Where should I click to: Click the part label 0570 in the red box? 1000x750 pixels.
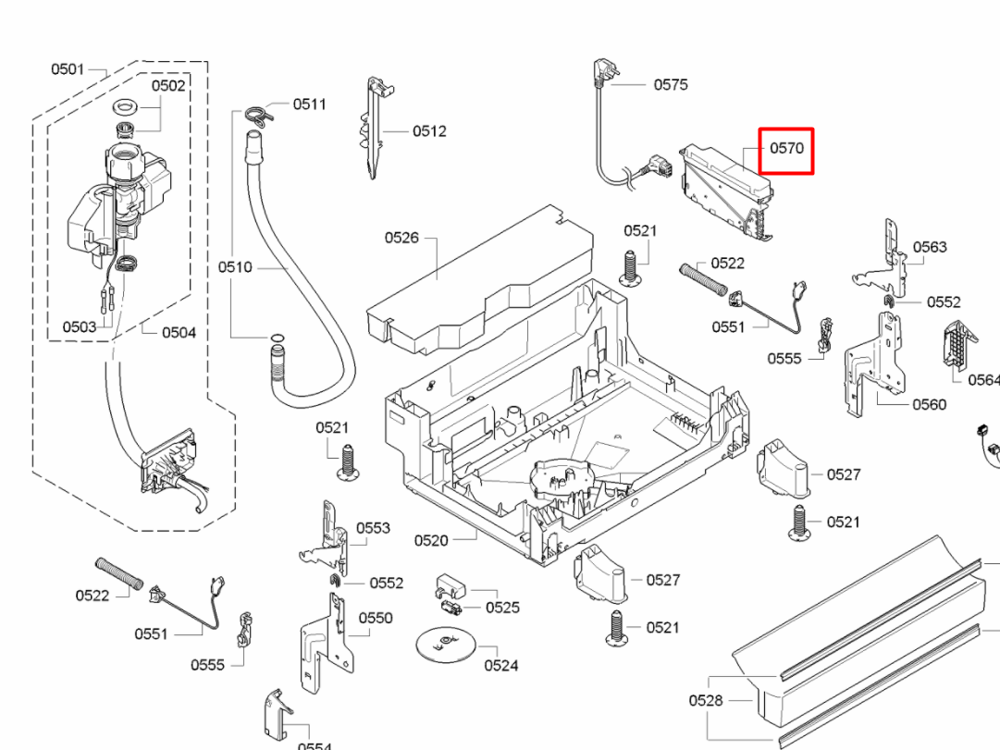click(786, 148)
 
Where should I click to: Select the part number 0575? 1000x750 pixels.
click(671, 84)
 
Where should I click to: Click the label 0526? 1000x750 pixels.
click(401, 238)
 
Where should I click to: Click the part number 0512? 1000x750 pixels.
click(429, 130)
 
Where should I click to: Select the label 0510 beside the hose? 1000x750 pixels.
click(235, 267)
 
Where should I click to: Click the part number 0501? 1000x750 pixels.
click(68, 68)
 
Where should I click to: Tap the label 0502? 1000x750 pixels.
click(168, 85)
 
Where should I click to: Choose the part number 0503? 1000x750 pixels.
click(80, 326)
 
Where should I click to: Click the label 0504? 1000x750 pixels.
click(179, 332)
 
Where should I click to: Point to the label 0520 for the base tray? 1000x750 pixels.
click(431, 540)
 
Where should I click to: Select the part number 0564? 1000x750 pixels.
click(982, 379)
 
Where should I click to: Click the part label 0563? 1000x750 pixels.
click(930, 247)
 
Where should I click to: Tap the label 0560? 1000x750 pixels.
click(930, 404)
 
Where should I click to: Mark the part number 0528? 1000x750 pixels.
click(706, 700)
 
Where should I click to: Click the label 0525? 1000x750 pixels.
click(502, 608)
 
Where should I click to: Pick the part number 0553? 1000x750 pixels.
click(373, 528)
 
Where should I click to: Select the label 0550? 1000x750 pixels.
click(376, 618)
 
